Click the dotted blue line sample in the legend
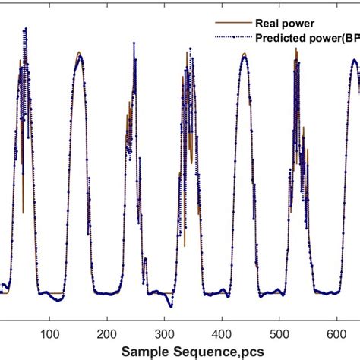238,36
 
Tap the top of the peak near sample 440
244,55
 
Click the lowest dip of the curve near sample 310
171,305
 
